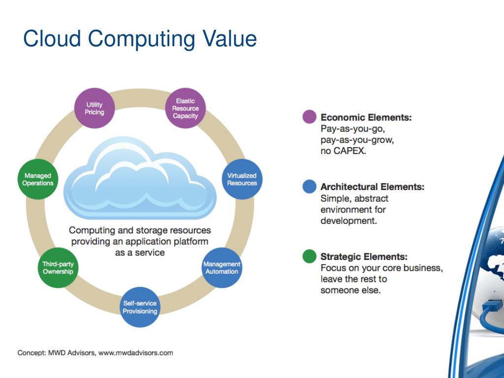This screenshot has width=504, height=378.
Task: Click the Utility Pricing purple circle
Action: (x=94, y=108)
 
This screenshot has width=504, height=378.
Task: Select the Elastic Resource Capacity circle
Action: (x=185, y=108)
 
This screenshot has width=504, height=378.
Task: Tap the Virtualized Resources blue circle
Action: (x=242, y=179)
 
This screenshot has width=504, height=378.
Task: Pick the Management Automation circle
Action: (x=221, y=268)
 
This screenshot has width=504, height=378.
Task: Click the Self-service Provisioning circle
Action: (x=140, y=308)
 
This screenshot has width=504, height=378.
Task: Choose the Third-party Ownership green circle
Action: (x=58, y=268)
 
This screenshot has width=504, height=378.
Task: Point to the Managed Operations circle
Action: (x=38, y=179)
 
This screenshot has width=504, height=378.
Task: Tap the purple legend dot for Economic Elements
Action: (x=309, y=117)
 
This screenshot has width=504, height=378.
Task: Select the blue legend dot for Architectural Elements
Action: (x=309, y=187)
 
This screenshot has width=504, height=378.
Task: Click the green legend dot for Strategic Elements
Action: (x=309, y=256)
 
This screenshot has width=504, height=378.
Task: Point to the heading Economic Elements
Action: (x=366, y=118)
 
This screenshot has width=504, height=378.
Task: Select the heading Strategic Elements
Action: (x=364, y=256)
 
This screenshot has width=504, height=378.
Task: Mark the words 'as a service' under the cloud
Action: (x=140, y=252)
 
